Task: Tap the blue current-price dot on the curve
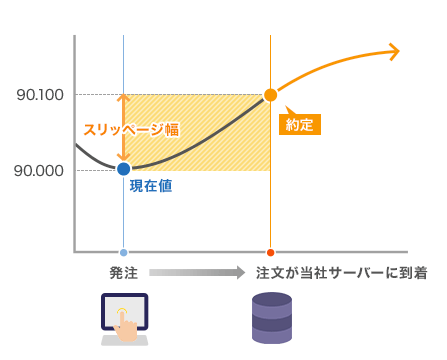(x=124, y=168)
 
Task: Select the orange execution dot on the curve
(x=270, y=95)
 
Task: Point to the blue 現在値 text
(x=151, y=186)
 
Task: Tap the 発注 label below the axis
(x=123, y=273)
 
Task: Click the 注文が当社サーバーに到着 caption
(x=341, y=273)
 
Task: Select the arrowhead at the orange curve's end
(x=393, y=51)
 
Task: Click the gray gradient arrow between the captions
(x=197, y=273)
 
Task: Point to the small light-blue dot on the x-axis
(x=123, y=252)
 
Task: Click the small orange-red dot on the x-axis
(x=270, y=252)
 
